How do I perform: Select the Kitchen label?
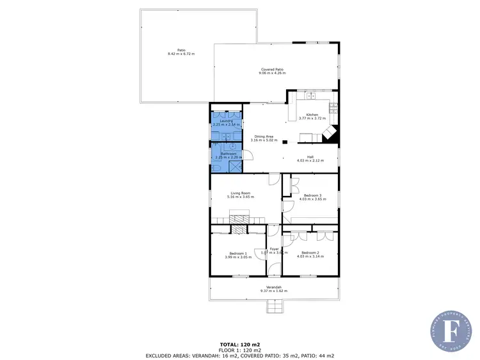312,115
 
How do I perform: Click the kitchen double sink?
311,96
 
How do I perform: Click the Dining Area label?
265,136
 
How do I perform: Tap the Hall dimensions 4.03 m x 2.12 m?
310,161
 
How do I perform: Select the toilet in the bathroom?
218,167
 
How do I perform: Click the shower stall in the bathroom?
236,166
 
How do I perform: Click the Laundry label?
226,120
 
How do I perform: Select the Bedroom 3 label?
312,195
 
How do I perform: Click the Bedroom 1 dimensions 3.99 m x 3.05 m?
236,257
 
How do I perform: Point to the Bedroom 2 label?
310,252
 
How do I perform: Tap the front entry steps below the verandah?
274,307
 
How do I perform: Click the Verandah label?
274,286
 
